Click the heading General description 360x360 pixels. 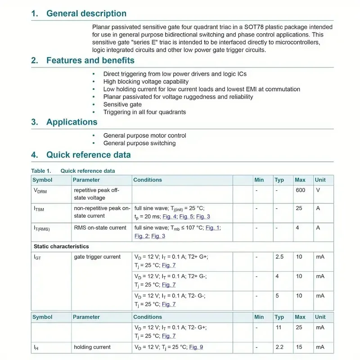[86, 13]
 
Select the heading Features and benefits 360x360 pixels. [90, 60]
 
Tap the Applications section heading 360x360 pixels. [72, 122]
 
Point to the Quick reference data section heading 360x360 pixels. [88, 155]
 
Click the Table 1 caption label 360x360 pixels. [41, 171]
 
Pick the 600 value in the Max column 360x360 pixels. [300, 190]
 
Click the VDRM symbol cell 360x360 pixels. [40, 191]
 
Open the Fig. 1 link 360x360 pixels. [212, 228]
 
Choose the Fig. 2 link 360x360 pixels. [141, 236]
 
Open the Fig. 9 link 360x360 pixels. [196, 347]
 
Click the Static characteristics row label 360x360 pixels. [61, 247]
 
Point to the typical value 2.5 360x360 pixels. [279, 257]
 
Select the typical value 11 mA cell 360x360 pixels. [279, 328]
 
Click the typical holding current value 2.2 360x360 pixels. [279, 347]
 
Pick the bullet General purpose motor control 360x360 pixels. [144, 135]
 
